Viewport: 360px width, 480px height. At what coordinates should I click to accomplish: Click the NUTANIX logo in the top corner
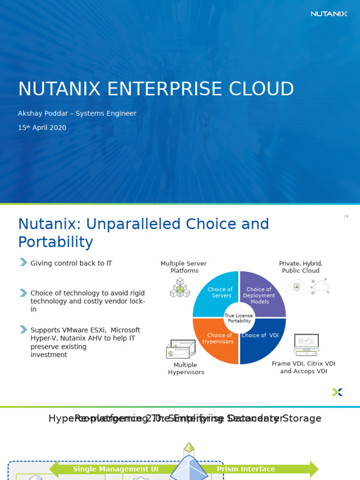(329, 14)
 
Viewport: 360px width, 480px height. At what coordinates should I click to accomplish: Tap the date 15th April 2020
(42, 127)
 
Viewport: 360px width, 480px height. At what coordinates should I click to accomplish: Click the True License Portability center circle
(239, 318)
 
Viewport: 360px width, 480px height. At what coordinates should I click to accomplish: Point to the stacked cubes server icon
(180, 288)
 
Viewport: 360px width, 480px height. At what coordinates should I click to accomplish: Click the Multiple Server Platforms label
(184, 267)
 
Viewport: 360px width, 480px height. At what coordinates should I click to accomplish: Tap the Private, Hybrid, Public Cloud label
(300, 267)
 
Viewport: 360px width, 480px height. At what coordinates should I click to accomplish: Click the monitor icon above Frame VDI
(306, 345)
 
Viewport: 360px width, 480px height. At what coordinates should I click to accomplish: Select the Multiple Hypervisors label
(186, 368)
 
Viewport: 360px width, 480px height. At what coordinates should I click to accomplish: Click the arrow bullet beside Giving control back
(23, 262)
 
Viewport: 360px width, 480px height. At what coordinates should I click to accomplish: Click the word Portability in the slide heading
(55, 242)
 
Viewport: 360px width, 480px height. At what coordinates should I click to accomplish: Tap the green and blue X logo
(337, 392)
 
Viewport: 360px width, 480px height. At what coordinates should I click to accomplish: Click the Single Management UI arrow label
(116, 469)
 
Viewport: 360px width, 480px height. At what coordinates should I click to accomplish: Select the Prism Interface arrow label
(246, 469)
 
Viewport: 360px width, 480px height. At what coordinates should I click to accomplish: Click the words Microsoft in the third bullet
(125, 330)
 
